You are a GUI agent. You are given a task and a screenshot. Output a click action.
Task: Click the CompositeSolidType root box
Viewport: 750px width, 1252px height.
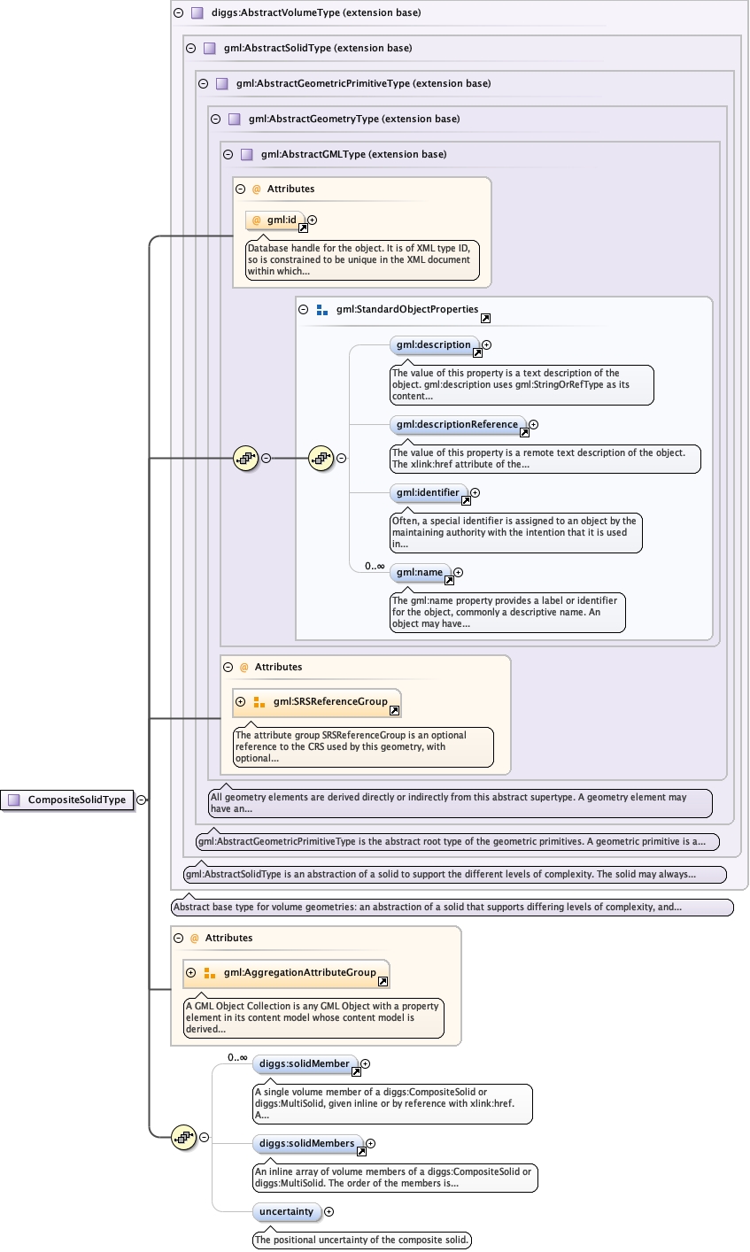[67, 800]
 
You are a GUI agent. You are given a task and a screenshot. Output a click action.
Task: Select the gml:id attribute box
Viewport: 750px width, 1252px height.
[275, 220]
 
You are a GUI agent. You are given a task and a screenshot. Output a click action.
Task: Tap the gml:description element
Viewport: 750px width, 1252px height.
[434, 344]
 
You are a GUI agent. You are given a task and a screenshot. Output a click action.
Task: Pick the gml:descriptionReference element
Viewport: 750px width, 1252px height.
[458, 425]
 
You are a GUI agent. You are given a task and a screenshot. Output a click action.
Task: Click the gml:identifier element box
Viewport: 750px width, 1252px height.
[429, 493]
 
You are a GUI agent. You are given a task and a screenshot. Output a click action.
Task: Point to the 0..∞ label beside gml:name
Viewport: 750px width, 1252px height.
[375, 566]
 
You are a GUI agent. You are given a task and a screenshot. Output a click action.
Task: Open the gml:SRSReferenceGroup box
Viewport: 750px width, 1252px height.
[317, 702]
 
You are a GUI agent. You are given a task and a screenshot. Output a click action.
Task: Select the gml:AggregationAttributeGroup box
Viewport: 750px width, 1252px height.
[286, 973]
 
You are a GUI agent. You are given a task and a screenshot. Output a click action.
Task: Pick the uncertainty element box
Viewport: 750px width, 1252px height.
[287, 1212]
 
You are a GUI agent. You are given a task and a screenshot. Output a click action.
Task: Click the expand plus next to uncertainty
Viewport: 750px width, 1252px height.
[329, 1212]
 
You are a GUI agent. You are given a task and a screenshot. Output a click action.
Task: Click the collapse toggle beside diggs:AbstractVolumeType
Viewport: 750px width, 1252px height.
[178, 13]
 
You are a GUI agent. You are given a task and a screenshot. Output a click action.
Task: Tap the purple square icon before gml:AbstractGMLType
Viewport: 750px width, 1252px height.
[246, 154]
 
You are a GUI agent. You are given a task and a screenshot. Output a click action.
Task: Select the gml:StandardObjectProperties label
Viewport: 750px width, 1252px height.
[406, 309]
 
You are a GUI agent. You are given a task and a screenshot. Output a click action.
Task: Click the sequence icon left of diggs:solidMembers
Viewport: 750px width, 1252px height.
[184, 1138]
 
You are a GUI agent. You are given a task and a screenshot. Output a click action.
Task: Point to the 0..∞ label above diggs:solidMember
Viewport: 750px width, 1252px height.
[237, 1057]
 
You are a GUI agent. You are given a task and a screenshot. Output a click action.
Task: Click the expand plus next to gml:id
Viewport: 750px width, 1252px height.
[313, 220]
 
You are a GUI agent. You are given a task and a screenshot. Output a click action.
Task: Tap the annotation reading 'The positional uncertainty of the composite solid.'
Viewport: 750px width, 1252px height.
[361, 1240]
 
